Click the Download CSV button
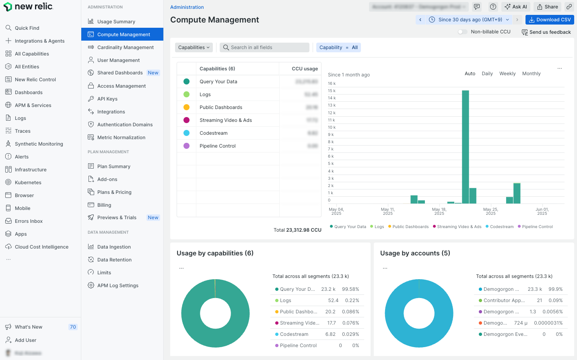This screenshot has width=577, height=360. click(550, 20)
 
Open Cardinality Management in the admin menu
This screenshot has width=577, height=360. click(125, 47)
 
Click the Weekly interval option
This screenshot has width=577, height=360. click(507, 74)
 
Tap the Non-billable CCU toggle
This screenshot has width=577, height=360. click(463, 32)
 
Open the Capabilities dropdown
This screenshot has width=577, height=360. click(194, 47)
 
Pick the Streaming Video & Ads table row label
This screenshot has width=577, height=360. click(226, 120)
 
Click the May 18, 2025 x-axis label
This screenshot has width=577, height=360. click(439, 211)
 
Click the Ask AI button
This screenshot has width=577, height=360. click(516, 7)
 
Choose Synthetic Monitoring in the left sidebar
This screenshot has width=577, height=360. click(39, 144)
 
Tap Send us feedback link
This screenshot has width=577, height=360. click(546, 32)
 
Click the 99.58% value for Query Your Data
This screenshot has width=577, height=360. click(350, 289)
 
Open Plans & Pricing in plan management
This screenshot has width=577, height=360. click(114, 192)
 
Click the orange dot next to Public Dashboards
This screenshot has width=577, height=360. click(186, 107)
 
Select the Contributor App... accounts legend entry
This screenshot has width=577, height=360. click(504, 300)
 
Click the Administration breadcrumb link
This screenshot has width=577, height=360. click(187, 7)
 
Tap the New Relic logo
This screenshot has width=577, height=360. click(28, 6)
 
